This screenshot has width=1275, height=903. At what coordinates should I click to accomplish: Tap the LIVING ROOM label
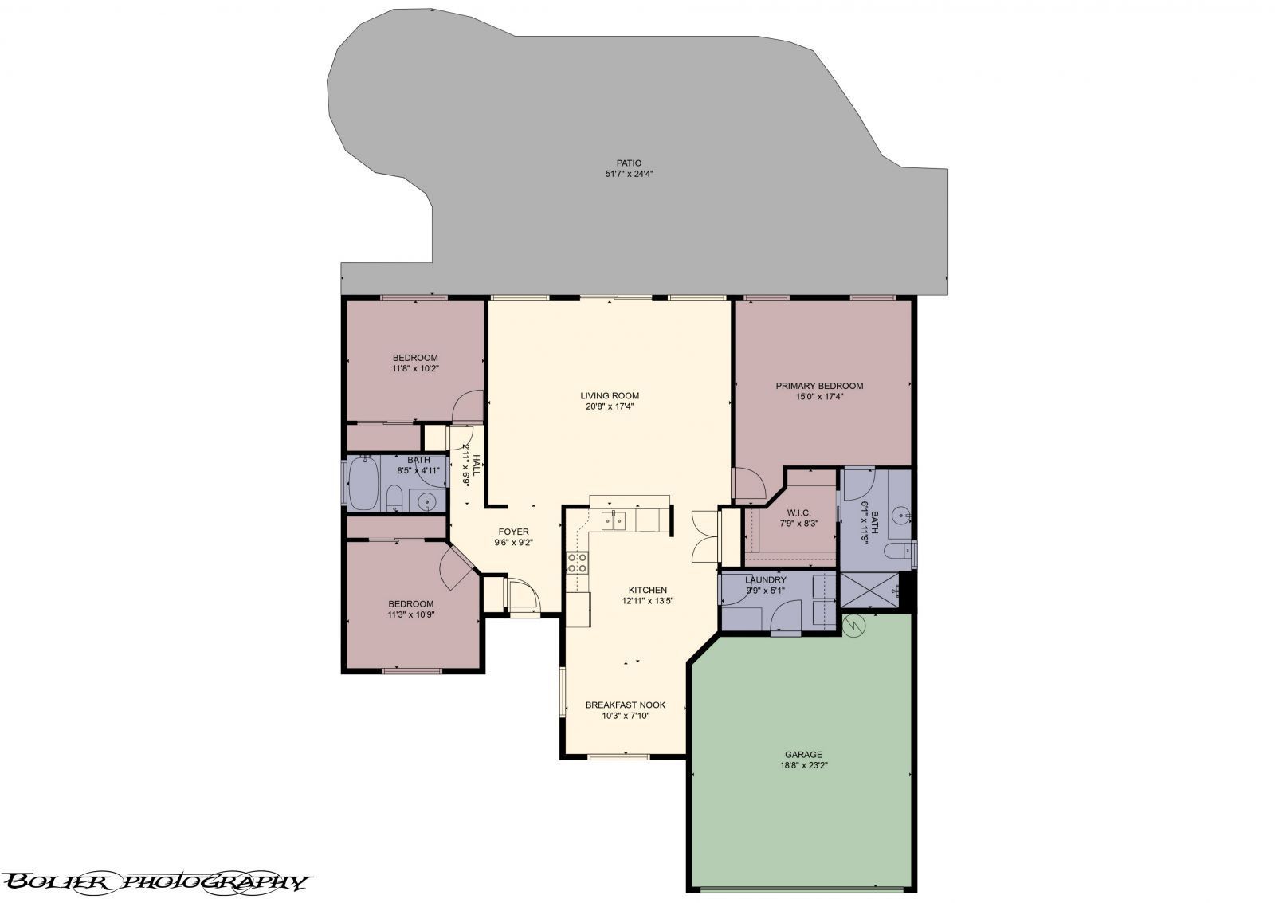click(610, 395)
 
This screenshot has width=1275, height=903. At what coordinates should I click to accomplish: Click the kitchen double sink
click(614, 520)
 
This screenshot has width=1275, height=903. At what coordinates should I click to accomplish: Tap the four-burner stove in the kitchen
click(577, 563)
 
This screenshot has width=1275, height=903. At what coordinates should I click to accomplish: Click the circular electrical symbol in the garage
click(853, 625)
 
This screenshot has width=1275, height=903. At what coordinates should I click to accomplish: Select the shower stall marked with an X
click(875, 591)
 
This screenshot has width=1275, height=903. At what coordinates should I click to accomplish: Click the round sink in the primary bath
click(901, 515)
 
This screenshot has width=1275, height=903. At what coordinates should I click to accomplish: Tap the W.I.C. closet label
click(798, 512)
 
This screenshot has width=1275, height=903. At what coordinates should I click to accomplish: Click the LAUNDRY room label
click(766, 579)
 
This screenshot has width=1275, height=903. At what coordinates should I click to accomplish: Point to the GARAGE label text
click(803, 754)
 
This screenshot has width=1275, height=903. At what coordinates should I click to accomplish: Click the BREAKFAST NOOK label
click(625, 705)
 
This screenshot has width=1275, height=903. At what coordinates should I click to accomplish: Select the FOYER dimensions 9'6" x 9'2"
click(513, 542)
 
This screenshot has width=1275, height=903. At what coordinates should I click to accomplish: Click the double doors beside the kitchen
click(706, 538)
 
